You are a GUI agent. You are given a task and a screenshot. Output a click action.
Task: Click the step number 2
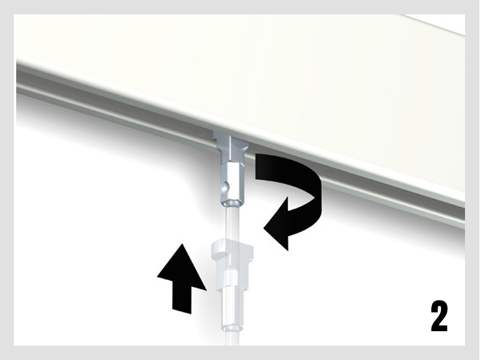(439, 316)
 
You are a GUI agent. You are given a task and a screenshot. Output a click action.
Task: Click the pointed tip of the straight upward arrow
(182, 244)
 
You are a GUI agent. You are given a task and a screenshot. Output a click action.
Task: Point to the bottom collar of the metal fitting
(232, 203)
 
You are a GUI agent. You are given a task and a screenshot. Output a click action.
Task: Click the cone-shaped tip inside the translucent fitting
(231, 272)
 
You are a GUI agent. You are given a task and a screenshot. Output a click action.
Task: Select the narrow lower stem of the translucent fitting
(232, 309)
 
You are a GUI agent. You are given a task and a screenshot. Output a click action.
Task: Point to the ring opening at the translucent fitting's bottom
(232, 328)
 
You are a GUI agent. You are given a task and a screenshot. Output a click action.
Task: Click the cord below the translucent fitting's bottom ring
(232, 339)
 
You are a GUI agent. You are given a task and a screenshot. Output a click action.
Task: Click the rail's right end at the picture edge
(463, 214)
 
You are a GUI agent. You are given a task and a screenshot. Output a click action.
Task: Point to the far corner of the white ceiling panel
(401, 15)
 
